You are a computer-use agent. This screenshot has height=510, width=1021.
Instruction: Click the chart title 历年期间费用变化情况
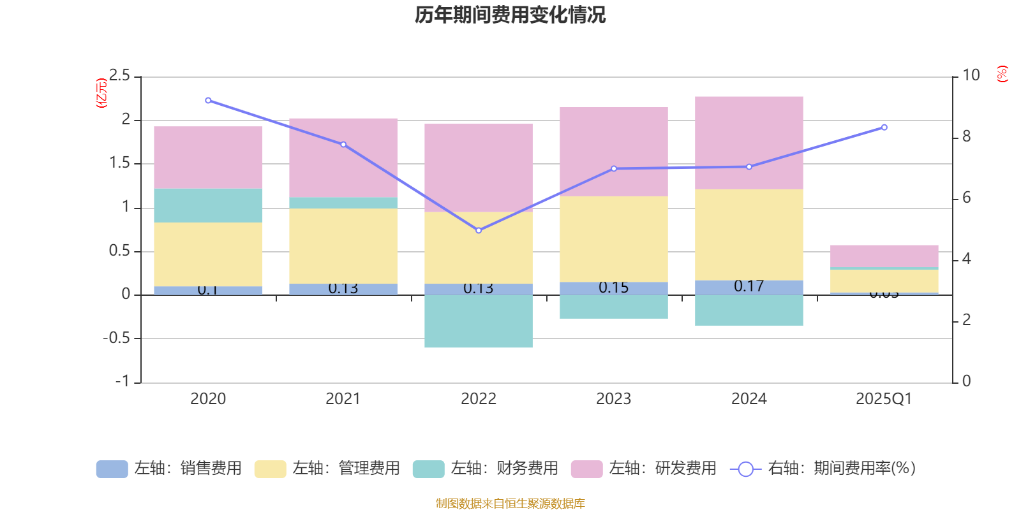coord(510,15)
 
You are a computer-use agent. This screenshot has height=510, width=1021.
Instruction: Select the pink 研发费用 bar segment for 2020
coord(208,157)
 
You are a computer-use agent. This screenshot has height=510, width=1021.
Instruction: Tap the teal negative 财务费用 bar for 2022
coord(479,321)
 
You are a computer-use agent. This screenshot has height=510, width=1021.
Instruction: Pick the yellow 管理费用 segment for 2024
coord(749,235)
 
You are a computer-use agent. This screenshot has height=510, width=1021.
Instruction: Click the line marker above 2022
coord(479,230)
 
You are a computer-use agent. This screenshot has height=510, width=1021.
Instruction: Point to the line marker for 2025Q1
coord(884,127)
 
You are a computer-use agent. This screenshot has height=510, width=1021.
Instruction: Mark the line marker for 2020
coord(208,101)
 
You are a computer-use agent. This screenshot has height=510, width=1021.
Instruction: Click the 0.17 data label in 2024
coord(749,286)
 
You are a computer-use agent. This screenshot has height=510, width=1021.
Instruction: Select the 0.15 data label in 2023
coord(614,288)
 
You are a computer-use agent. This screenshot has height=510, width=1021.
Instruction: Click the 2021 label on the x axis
coord(343,399)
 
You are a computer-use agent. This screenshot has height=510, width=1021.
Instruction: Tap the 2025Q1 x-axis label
coord(884,399)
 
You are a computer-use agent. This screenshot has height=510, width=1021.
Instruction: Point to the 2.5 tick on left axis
coord(119,76)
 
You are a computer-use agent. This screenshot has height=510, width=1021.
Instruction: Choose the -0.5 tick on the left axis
coord(116,338)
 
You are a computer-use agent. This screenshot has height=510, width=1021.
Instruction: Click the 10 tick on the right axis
coord(971,76)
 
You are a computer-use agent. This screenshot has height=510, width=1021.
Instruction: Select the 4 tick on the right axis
coord(967,259)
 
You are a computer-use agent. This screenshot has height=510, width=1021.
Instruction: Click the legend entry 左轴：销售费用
coord(169,469)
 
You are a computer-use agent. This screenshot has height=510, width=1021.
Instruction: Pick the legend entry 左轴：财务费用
coord(486,469)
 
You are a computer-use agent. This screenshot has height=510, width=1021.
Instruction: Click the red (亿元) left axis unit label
coord(101,93)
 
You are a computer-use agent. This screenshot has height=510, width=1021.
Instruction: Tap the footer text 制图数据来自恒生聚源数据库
coord(510,504)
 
